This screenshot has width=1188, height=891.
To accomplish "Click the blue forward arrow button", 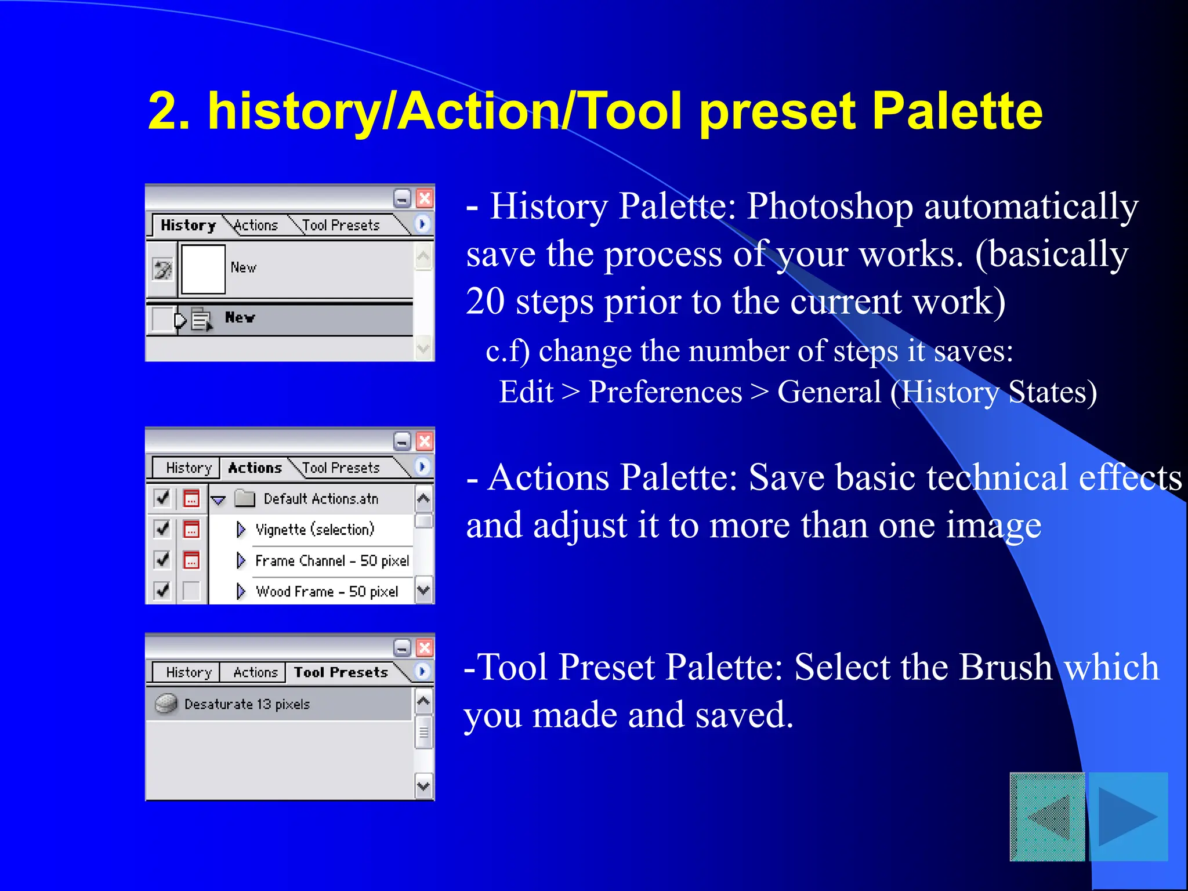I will coord(1128,817).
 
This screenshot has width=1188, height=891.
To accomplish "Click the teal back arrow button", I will coord(1048,817).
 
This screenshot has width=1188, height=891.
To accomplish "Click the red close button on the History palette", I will coord(425,198).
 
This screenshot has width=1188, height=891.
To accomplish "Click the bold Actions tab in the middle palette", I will coord(255,468).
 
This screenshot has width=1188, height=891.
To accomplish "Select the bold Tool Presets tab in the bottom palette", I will coord(341,672).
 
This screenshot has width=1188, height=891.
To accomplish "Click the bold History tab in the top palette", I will coord(188,225).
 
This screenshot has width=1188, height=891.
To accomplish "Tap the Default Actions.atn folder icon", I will coord(245,498).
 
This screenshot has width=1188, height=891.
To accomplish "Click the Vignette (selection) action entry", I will coord(315,530).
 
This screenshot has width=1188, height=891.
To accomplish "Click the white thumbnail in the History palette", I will coord(203,269).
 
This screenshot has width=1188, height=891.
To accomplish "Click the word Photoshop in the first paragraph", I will coord(830,207).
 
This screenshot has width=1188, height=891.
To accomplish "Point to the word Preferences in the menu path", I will coord(665,392).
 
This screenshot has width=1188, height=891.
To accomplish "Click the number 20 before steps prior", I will coord(485,302).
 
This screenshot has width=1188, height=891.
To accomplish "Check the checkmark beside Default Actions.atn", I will coord(162,498).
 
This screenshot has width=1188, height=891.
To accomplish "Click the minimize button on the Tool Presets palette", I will coord(402,647).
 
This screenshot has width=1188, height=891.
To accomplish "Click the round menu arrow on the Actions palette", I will coord(422,466).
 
